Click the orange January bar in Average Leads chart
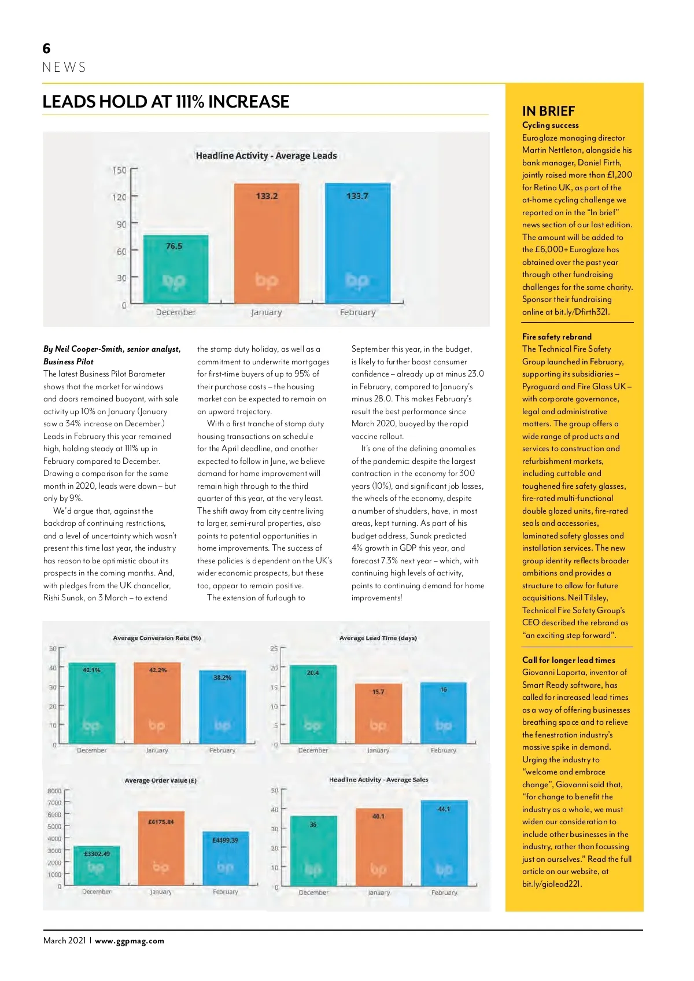[x=267, y=243]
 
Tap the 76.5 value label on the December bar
[x=174, y=246]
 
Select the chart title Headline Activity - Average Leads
[x=266, y=156]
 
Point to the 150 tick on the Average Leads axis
[x=119, y=170]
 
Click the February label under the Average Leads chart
[x=357, y=312]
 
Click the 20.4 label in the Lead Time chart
[x=313, y=673]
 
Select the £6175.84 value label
[x=161, y=821]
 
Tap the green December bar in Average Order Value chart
[x=97, y=865]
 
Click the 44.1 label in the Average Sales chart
[x=444, y=809]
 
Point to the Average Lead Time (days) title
[x=378, y=638]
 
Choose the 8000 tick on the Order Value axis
[x=54, y=791]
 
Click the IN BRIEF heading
[x=548, y=111]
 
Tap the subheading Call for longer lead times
[x=569, y=660]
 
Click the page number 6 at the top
[x=47, y=49]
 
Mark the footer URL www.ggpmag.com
[x=130, y=941]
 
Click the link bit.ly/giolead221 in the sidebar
[x=552, y=884]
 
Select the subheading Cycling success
[x=550, y=125]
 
